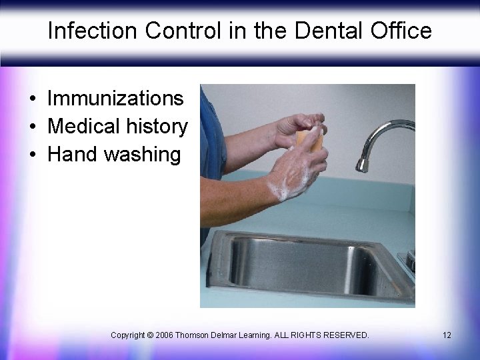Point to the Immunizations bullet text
pos(115,99)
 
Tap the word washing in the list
pos(143,155)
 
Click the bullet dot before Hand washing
pos(32,155)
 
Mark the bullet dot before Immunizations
pos(32,99)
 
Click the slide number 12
pos(447,335)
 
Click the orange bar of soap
pos(311,141)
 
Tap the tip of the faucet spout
pos(362,165)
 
